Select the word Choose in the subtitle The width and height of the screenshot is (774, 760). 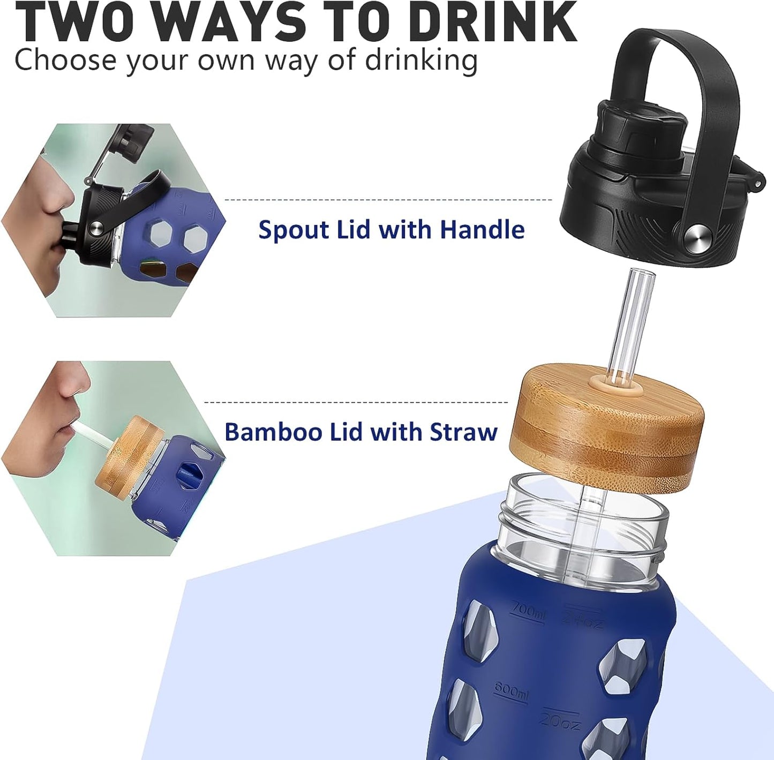tap(65, 60)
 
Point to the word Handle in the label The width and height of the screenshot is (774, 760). tap(482, 230)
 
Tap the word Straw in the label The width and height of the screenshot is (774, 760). tap(463, 432)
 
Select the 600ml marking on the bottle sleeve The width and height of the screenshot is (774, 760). tap(510, 691)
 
